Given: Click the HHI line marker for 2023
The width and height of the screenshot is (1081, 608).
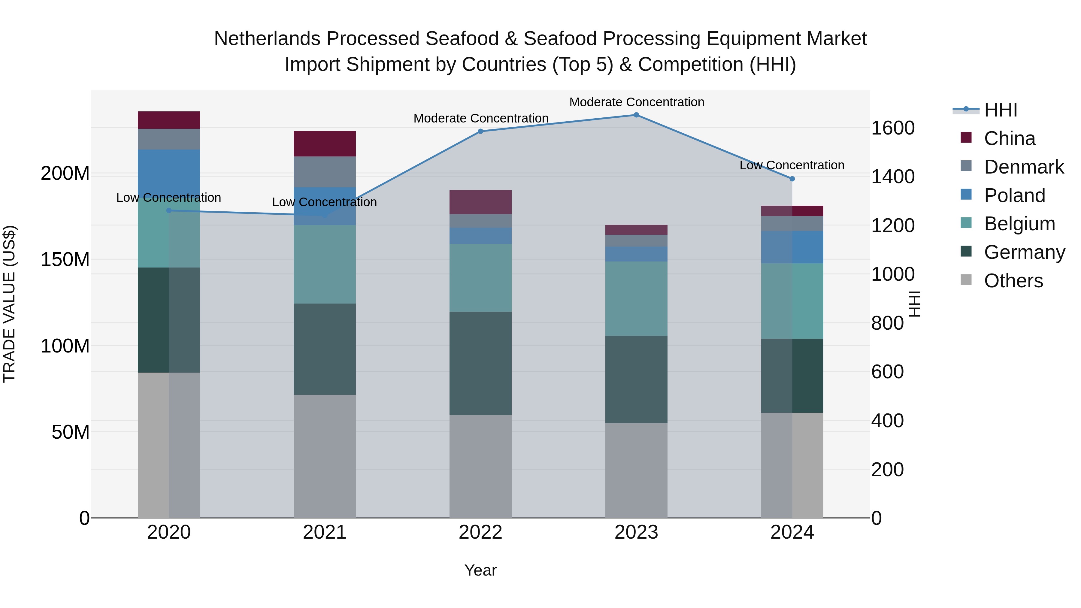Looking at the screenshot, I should [636, 115].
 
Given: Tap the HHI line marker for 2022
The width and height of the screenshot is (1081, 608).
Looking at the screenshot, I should [480, 131].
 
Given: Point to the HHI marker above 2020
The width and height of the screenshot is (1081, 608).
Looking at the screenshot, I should [169, 211].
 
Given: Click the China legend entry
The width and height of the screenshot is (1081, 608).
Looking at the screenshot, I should [1009, 138].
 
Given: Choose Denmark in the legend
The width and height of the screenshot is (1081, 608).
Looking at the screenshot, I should [1024, 167].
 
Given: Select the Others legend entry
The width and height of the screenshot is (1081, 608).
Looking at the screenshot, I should [1013, 281].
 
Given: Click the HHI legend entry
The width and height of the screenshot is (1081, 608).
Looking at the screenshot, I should [1001, 110].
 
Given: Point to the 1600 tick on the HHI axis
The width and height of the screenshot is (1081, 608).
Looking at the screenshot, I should [893, 128].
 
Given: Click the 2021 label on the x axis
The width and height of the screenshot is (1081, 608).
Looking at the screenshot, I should [324, 532].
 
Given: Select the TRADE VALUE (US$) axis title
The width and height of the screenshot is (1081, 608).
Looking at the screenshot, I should [10, 304].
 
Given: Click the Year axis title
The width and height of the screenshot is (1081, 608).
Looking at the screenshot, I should [480, 570].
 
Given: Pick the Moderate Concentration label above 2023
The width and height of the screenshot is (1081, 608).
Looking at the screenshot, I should [637, 102].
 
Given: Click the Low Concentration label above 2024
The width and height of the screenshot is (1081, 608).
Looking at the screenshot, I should [792, 165].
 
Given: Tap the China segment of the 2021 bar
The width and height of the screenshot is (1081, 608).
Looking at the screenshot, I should [324, 144].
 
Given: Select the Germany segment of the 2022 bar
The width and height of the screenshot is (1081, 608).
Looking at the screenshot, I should [480, 363].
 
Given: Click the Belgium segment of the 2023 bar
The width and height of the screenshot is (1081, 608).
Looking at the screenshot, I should [636, 298].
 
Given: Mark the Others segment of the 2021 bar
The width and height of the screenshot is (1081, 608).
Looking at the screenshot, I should [324, 456].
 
